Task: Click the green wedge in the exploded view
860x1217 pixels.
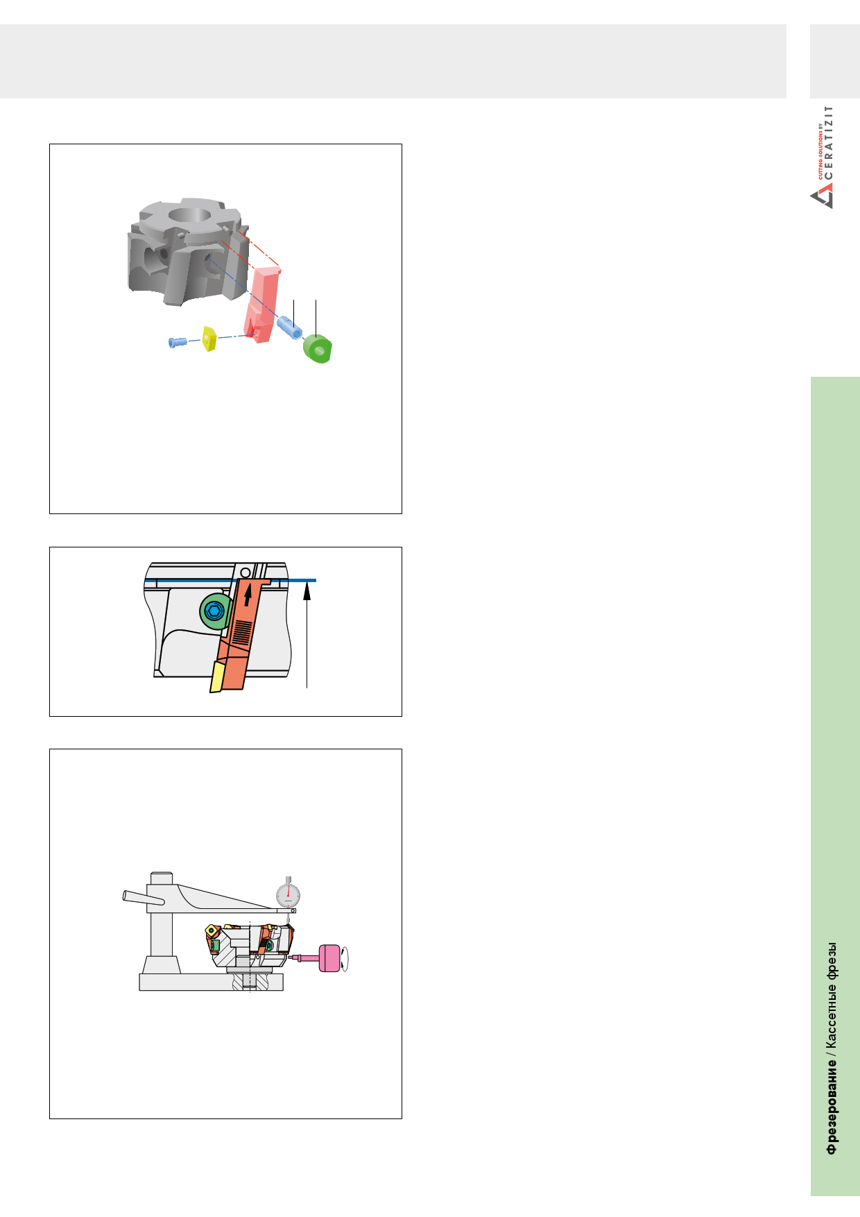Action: point(318,349)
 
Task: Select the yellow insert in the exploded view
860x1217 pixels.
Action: point(209,339)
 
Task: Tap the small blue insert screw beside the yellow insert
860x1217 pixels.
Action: point(178,341)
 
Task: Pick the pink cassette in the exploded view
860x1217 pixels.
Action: point(263,305)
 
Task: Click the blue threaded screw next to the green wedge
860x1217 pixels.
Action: point(289,327)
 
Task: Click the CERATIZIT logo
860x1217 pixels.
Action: point(822,158)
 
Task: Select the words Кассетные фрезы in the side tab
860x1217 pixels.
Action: point(831,996)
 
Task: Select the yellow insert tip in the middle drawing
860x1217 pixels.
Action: point(217,676)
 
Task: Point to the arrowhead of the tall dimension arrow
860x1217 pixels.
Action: point(307,588)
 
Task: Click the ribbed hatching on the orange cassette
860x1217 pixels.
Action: point(242,631)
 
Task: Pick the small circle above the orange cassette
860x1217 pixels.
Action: point(245,572)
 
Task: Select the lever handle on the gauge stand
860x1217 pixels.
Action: point(144,897)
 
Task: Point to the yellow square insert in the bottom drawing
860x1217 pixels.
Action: point(210,930)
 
